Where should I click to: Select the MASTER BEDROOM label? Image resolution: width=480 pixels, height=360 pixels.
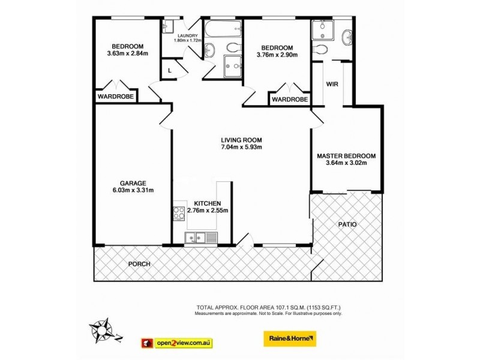pos(346,155)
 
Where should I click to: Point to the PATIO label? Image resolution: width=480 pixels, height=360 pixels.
pos(346,224)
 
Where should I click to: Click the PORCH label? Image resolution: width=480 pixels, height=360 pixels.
pos(139,264)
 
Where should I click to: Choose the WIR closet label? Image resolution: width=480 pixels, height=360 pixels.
pos(333,84)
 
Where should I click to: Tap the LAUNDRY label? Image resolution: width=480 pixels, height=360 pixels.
pos(185,35)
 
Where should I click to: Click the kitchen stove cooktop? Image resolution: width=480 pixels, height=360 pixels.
pos(179,212)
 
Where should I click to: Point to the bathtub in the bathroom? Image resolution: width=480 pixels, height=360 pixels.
pos(223,28)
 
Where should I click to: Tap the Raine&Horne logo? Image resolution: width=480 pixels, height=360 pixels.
pos(290,340)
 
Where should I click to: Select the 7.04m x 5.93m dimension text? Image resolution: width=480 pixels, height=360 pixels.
pos(242,147)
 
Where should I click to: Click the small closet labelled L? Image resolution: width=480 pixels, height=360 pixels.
pos(170,70)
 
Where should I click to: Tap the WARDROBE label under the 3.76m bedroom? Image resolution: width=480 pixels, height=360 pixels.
pos(290,100)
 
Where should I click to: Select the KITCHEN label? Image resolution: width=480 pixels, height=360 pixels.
pos(208,203)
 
